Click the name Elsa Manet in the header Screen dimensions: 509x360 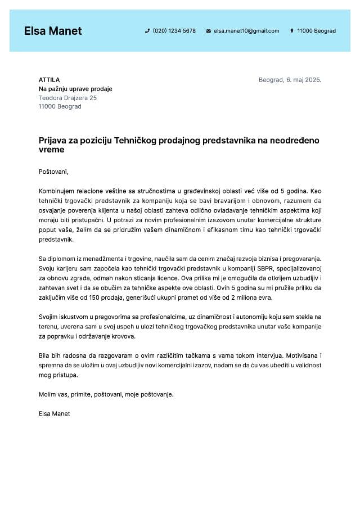pyautogui.click(x=53, y=31)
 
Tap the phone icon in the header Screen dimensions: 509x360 pyautogui.click(x=147, y=31)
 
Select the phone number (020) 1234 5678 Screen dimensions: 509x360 pyautogui.click(x=174, y=31)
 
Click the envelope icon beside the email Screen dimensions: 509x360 pyautogui.click(x=209, y=31)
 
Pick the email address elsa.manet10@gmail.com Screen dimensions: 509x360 pyautogui.click(x=246, y=31)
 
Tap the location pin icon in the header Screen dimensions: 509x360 pyautogui.click(x=292, y=31)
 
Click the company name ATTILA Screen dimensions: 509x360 pyautogui.click(x=49, y=80)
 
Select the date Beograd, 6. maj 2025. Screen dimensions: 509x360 pyautogui.click(x=290, y=80)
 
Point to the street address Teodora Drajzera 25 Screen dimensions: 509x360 pyautogui.click(x=67, y=98)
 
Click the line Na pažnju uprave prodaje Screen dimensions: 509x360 pyautogui.click(x=75, y=89)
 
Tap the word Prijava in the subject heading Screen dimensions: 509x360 pyautogui.click(x=52, y=141)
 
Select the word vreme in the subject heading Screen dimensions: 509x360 pyautogui.click(x=52, y=150)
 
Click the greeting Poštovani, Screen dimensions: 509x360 pyautogui.click(x=53, y=172)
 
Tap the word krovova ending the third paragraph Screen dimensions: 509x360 pyautogui.click(x=123, y=336)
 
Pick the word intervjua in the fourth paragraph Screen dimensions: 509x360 pyautogui.click(x=269, y=355)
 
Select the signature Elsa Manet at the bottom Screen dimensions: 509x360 pyautogui.click(x=55, y=413)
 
